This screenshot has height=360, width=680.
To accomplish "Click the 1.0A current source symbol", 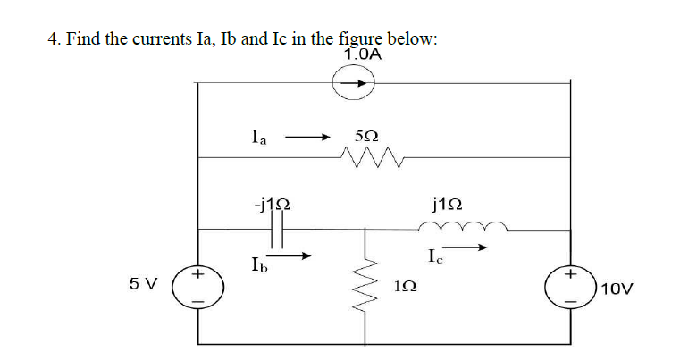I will pyautogui.click(x=359, y=83).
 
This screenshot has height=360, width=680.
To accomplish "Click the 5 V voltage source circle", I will pyautogui.click(x=197, y=286).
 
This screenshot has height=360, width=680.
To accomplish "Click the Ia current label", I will pyautogui.click(x=259, y=138).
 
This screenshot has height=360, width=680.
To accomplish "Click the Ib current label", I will pyautogui.click(x=258, y=264).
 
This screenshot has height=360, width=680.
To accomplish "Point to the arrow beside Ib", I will pyautogui.click(x=296, y=256).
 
